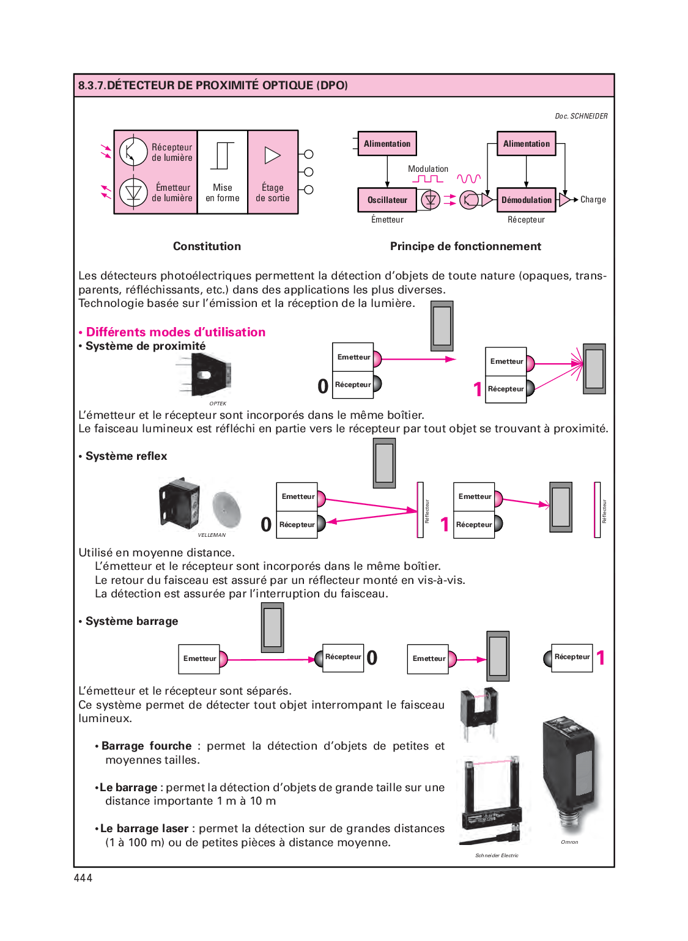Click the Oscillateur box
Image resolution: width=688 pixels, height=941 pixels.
[x=387, y=200]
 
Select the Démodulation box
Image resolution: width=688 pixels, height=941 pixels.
[x=526, y=200]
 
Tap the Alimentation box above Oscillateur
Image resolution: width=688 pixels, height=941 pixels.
[x=387, y=144]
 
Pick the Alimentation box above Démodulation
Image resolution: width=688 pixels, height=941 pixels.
[x=526, y=144]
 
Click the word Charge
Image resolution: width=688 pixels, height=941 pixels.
[x=593, y=200]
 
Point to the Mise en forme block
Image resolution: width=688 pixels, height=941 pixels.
[x=223, y=172]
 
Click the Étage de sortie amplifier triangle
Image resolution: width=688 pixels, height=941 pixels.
[x=272, y=155]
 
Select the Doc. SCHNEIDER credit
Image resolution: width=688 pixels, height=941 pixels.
[x=581, y=116]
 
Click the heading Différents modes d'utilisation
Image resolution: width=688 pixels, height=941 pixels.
[x=176, y=332]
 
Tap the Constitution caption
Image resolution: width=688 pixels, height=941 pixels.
[x=207, y=246]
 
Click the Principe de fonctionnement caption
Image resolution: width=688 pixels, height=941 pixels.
[x=465, y=246]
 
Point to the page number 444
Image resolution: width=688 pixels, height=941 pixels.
[x=83, y=878]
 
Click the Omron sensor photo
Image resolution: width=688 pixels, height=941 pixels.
[x=568, y=773]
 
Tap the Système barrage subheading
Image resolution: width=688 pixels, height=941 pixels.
[x=131, y=621]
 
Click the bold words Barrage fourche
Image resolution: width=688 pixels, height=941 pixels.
[x=147, y=746]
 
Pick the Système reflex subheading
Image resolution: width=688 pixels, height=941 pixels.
[x=126, y=456]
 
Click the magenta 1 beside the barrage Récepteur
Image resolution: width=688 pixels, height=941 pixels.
[x=601, y=658]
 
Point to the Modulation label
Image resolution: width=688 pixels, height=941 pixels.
[x=428, y=169]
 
